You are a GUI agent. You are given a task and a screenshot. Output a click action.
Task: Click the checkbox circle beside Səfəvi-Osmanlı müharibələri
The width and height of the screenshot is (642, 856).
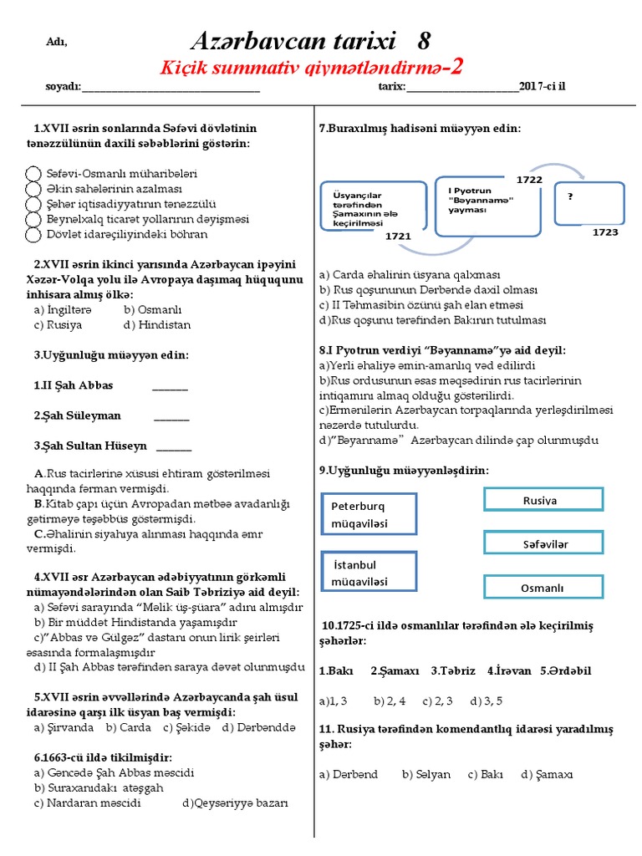[33, 174]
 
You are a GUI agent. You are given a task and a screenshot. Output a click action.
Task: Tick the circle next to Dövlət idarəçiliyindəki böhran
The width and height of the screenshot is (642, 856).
[33, 235]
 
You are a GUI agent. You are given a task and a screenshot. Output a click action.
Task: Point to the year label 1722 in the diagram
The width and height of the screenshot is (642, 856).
[529, 180]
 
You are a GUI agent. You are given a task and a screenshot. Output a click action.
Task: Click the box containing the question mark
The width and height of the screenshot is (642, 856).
[590, 202]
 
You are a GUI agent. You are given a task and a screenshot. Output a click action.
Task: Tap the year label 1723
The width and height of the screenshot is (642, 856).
[605, 232]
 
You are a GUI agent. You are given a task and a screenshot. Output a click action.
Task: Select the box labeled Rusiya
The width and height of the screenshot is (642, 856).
[543, 500]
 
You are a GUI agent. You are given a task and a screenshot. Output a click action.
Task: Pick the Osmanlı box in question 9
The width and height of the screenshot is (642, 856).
[543, 588]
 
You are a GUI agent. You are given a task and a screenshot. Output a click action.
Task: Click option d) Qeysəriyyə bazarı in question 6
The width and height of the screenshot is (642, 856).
[235, 803]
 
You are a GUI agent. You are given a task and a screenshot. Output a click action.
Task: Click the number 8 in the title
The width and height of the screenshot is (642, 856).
[424, 41]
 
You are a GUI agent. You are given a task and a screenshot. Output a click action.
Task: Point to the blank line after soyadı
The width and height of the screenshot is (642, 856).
[171, 86]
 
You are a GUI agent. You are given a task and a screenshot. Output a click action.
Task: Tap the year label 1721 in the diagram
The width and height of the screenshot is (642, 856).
[398, 237]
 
